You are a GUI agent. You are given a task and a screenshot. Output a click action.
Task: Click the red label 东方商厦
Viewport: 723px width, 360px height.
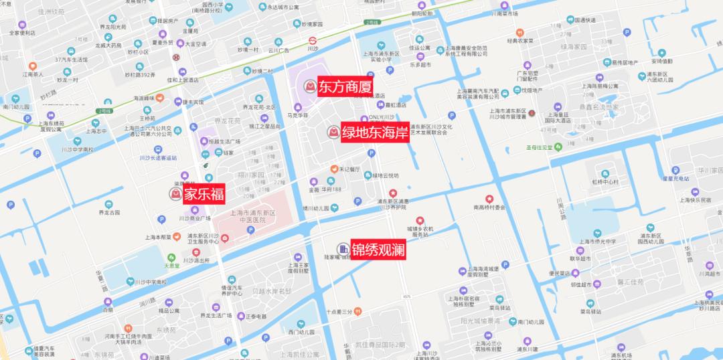click(x=343, y=86)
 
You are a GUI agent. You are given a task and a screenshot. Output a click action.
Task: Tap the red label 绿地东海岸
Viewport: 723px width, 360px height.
click(x=374, y=132)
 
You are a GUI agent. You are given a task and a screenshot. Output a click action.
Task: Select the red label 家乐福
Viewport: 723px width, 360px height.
click(x=204, y=194)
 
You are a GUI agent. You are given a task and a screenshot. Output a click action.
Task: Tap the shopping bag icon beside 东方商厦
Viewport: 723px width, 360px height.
click(x=310, y=86)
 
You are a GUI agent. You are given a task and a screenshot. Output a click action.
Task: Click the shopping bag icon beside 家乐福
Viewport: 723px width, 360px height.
click(x=175, y=194)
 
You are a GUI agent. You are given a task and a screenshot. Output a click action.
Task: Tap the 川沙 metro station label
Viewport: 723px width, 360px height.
click(x=313, y=49)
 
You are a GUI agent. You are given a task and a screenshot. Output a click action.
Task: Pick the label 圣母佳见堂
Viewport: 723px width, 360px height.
click(x=543, y=148)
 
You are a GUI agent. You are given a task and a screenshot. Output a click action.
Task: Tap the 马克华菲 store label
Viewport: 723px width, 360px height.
click(x=297, y=115)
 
